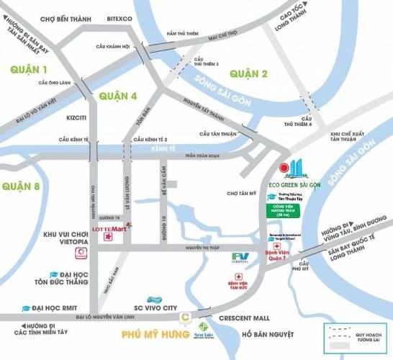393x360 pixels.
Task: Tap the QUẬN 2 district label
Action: click(x=248, y=73)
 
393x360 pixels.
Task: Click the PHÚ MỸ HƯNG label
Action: click(x=148, y=333)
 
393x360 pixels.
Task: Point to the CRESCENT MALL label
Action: click(x=245, y=318)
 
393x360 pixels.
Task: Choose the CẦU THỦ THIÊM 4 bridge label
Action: click(x=307, y=121)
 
